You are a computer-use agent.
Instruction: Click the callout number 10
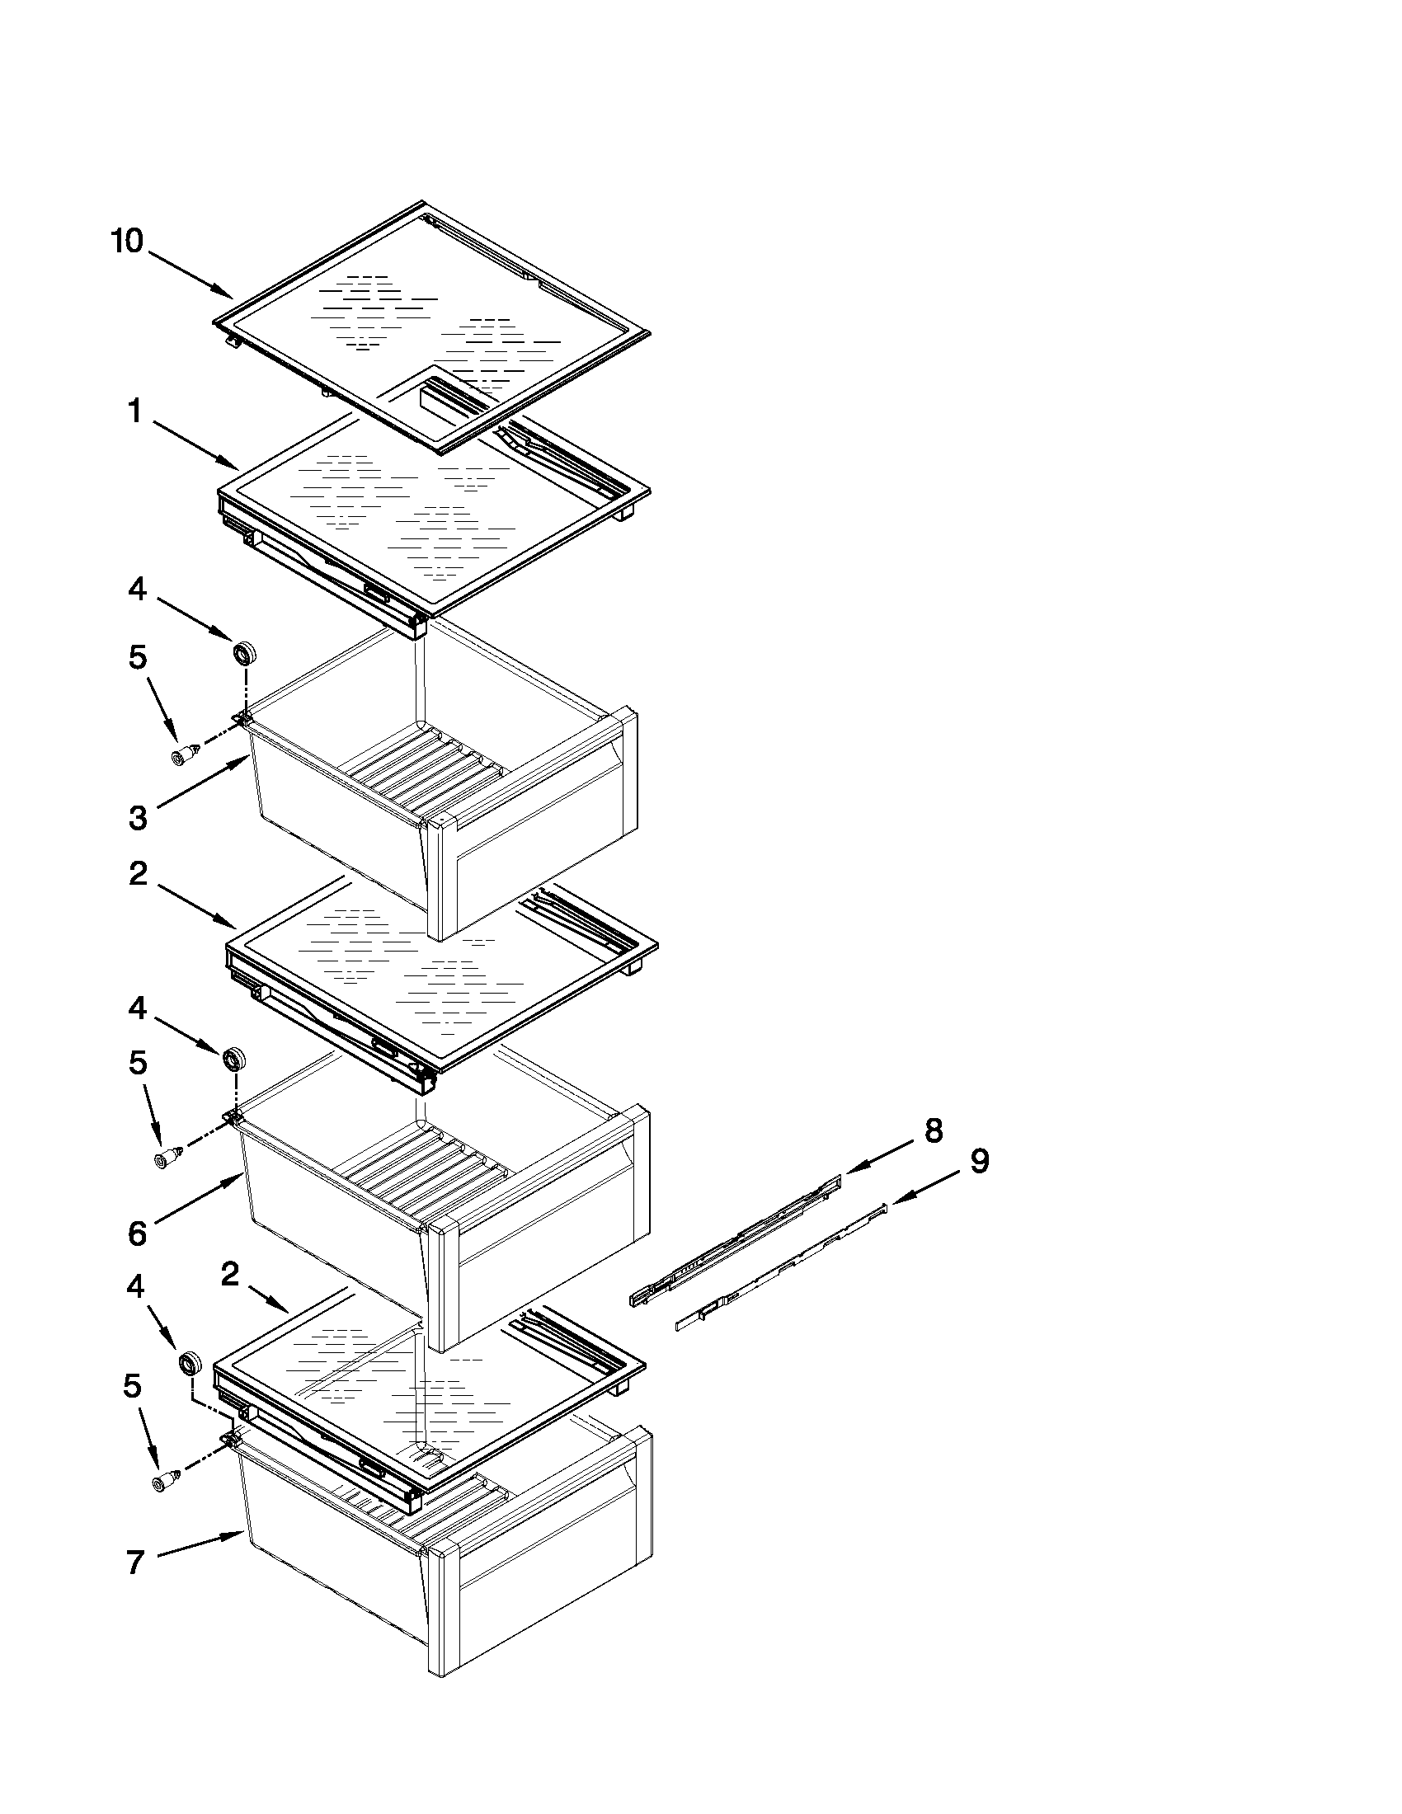click(x=127, y=242)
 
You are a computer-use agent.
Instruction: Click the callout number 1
click(x=134, y=411)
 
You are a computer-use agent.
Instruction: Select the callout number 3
click(x=138, y=818)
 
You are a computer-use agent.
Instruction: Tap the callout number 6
click(x=138, y=1234)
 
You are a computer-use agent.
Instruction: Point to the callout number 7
click(x=135, y=1563)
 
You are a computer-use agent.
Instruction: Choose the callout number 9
click(x=980, y=1160)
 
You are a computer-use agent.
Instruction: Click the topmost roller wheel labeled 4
click(x=244, y=653)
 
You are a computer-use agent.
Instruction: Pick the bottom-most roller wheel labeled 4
click(x=191, y=1362)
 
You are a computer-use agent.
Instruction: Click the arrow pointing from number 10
click(x=191, y=275)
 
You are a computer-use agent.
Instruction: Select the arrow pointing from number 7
click(x=200, y=1547)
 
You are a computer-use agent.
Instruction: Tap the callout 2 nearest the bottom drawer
click(x=230, y=1274)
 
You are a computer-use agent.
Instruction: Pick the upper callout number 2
click(x=138, y=873)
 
